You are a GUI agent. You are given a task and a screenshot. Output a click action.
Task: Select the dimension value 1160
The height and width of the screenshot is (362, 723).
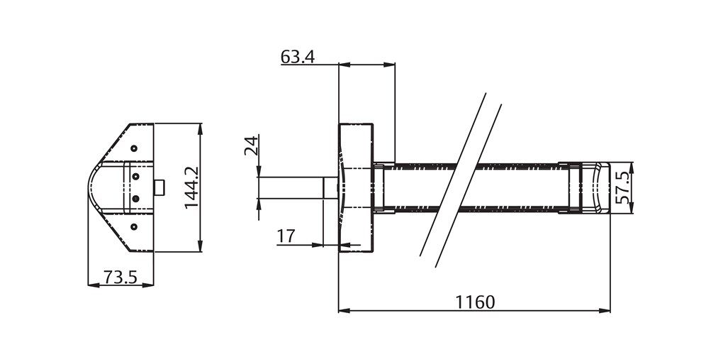[474, 302]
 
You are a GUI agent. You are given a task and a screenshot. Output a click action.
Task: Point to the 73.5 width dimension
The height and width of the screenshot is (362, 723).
[120, 277]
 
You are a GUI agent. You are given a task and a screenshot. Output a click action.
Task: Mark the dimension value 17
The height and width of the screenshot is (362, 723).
[286, 236]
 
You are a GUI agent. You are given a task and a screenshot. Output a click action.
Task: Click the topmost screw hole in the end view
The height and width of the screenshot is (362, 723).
[134, 148]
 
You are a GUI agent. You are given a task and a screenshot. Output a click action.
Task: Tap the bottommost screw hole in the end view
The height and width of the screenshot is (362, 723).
[134, 226]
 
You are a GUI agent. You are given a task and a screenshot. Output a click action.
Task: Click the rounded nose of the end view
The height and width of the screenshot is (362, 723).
[94, 187]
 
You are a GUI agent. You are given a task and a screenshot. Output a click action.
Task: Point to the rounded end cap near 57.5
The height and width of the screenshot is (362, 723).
[595, 187]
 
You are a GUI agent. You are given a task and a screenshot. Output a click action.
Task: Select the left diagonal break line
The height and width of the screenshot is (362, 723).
[454, 174]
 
